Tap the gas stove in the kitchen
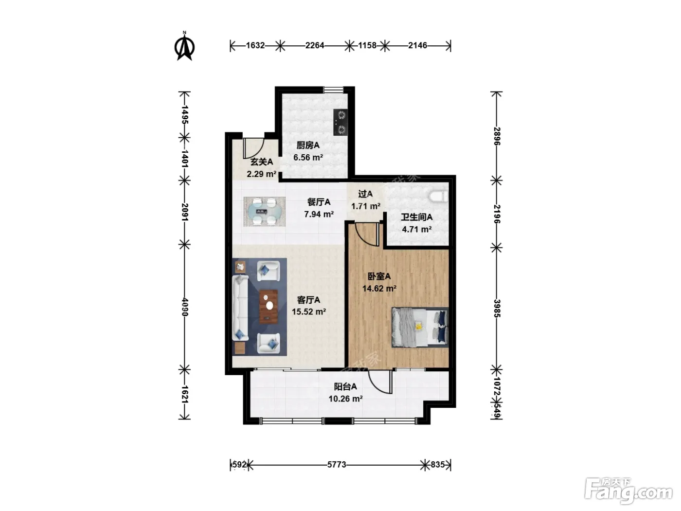click(340, 122)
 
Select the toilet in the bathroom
click(439, 197)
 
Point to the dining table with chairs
click(264, 212)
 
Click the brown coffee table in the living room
click(269, 307)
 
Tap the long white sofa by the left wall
click(240, 308)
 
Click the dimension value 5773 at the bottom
click(337, 464)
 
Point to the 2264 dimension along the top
click(315, 46)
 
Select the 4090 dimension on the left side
click(185, 307)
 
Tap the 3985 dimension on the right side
click(497, 308)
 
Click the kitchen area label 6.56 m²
click(308, 158)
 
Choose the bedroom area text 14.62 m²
click(379, 289)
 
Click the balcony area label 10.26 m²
click(346, 399)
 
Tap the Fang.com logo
click(628, 492)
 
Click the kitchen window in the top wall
click(334, 90)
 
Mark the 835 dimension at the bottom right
click(437, 464)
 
